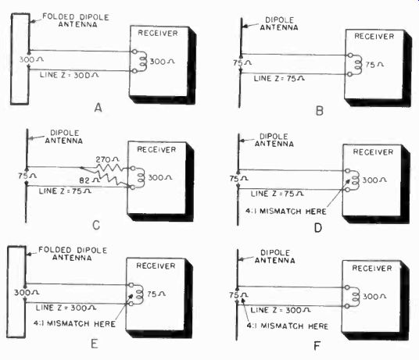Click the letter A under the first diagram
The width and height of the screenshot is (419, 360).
[x=98, y=108]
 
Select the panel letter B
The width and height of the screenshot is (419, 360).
[x=320, y=110]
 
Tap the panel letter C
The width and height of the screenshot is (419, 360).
[x=96, y=225]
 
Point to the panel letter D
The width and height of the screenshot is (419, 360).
[x=318, y=227]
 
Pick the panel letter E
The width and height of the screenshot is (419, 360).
[x=94, y=344]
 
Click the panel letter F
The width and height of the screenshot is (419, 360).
[x=317, y=346]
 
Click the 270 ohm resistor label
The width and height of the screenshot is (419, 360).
[x=107, y=159]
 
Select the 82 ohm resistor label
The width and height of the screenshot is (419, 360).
[x=90, y=180]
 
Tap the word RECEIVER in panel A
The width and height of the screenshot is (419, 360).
[x=158, y=33]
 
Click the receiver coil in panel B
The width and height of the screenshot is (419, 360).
[x=357, y=65]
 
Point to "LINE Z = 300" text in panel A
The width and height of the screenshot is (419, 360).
[x=70, y=75]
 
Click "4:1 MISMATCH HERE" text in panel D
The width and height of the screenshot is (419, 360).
[x=286, y=212]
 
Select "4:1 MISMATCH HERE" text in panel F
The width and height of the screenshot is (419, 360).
[x=287, y=326]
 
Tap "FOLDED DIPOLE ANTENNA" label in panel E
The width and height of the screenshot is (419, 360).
[x=73, y=254]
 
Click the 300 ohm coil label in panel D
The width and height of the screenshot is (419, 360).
[x=374, y=180]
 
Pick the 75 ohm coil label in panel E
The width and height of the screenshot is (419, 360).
[x=156, y=294]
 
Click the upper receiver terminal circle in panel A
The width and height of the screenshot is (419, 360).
[x=134, y=52]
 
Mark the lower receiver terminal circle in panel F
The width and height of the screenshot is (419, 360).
[x=347, y=306]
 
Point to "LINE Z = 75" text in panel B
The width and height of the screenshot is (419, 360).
[x=279, y=78]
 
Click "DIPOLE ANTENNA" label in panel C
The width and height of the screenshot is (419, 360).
[x=64, y=137]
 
